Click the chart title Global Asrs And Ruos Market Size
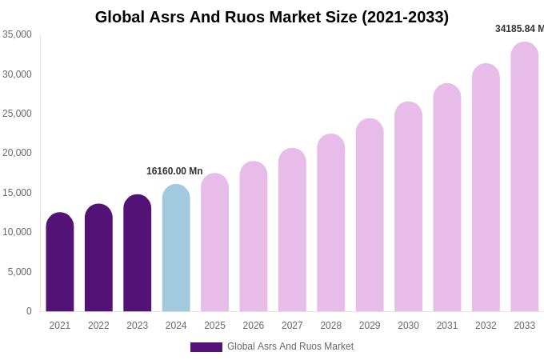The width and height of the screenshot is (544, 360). tap(272, 17)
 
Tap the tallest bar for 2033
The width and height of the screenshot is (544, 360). tap(524, 177)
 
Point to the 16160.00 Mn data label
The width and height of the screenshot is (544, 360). tap(174, 171)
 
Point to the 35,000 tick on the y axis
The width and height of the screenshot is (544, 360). tap(17, 34)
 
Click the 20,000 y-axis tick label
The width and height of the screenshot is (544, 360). tap(17, 153)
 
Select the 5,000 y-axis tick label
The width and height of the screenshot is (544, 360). tap(19, 272)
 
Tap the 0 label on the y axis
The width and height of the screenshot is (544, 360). tap(29, 311)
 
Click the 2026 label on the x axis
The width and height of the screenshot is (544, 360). tap(254, 326)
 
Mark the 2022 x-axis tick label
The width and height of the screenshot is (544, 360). tap(98, 326)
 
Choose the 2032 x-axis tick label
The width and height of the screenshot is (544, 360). tap(486, 326)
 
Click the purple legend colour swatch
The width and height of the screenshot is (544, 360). tap(206, 347)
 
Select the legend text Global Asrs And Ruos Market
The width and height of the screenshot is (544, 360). tap(290, 346)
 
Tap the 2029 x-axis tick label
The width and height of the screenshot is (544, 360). tap(370, 326)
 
